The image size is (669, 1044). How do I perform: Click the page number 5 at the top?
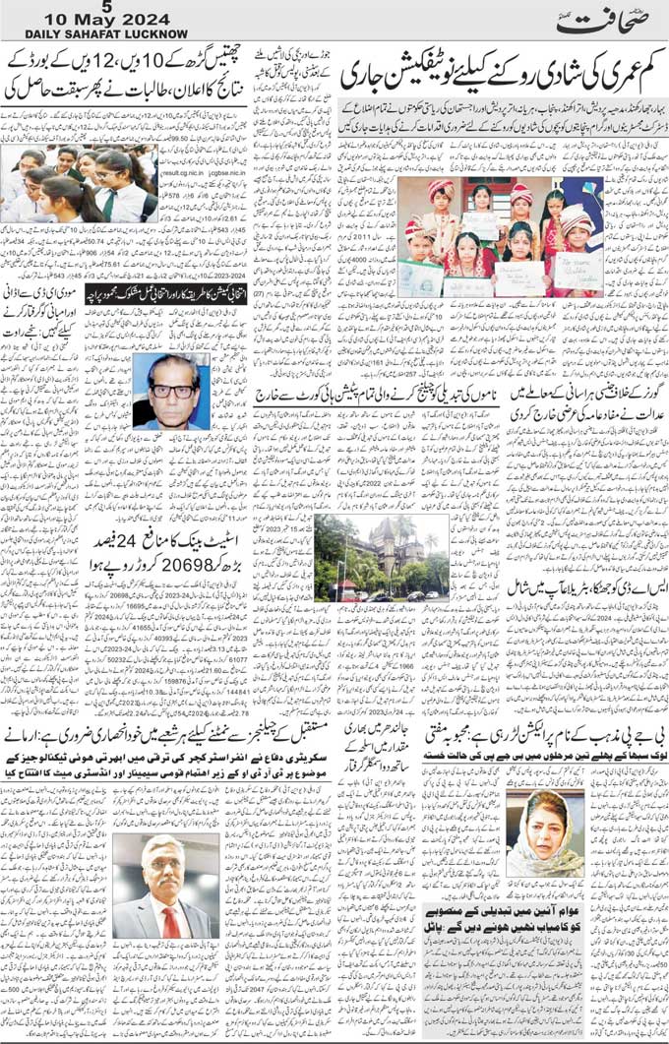[92, 7]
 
